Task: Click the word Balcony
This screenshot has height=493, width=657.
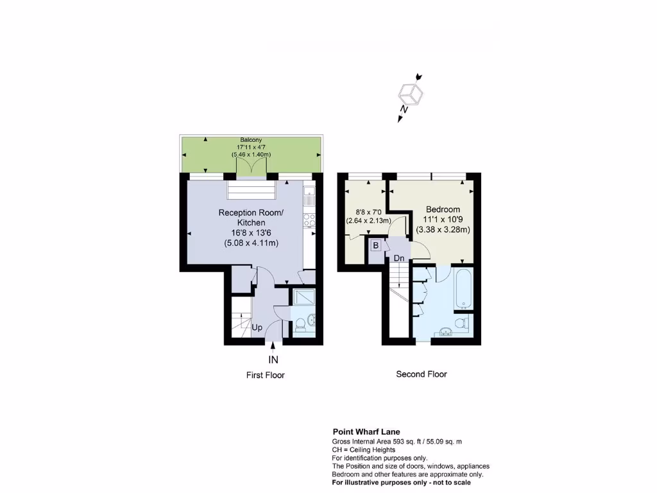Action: pos(251,140)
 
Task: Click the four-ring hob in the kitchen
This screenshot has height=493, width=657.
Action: pos(310,220)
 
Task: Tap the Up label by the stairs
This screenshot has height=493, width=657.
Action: pos(257,327)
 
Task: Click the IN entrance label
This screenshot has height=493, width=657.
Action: pos(273,359)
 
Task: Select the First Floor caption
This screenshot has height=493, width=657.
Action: pos(266,375)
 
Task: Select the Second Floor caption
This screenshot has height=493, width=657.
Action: pos(422,374)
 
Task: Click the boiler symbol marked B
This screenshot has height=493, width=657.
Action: pos(376,245)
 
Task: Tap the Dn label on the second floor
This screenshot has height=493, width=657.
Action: pos(399,258)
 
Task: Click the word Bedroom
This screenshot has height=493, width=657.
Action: pos(443,209)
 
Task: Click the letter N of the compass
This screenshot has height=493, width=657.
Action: pos(404,110)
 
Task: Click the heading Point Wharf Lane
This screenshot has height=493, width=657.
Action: pos(366,432)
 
